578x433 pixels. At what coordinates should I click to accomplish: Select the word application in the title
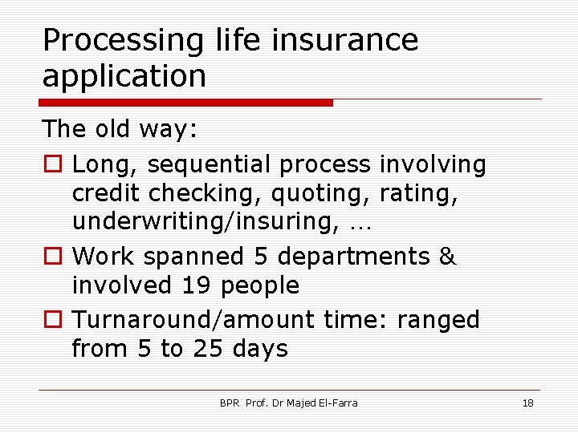point(124,77)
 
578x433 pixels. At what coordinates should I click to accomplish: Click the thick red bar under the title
point(185,103)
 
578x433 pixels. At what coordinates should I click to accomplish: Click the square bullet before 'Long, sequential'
point(52,165)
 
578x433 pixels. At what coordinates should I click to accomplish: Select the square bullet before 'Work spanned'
point(52,257)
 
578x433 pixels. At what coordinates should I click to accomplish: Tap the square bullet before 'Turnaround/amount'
point(52,321)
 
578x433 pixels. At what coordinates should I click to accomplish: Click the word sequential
point(210,165)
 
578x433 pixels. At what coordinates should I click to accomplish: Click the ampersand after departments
point(448,257)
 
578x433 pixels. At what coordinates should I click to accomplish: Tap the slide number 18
point(527,403)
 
